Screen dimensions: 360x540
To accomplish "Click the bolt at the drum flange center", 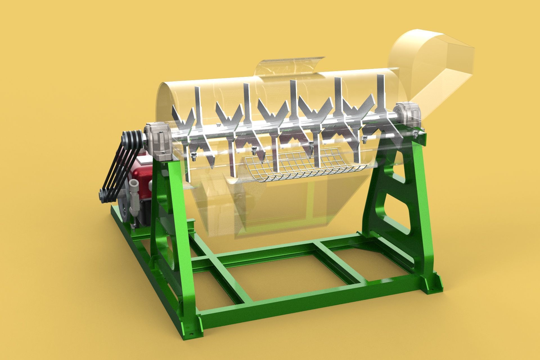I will [310, 145].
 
